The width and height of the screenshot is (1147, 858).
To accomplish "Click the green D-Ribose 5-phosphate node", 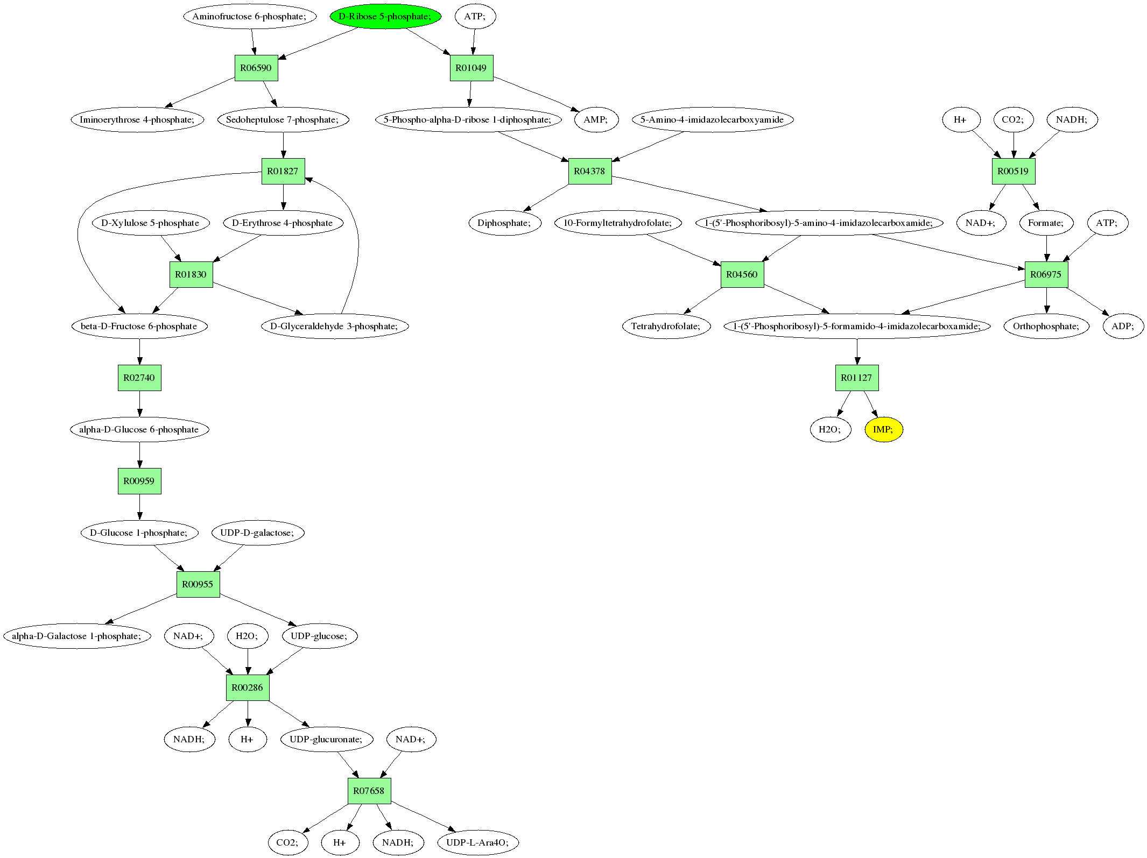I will click(x=385, y=16).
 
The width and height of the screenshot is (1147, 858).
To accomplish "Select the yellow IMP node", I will click(x=883, y=429).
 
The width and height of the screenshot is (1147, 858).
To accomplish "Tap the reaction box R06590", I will click(x=256, y=68).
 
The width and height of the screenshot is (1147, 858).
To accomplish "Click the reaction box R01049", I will click(x=471, y=68).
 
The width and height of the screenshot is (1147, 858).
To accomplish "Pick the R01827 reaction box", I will click(x=283, y=171).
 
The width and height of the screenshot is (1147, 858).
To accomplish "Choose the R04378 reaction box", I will click(x=589, y=171).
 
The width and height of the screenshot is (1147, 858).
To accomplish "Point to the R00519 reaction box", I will click(x=1013, y=171).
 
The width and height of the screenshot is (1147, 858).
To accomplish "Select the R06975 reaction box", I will click(x=1046, y=274).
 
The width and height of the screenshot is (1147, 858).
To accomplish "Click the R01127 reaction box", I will click(x=856, y=378).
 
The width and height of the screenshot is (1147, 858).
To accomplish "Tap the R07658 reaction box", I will click(x=369, y=791).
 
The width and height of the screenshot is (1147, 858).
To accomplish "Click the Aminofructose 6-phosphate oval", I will click(x=249, y=16).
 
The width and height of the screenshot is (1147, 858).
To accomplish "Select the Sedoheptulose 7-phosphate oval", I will click(x=283, y=119).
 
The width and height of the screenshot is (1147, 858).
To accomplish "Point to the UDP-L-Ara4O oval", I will click(x=477, y=842).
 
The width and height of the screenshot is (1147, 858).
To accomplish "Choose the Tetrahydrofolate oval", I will click(x=666, y=326).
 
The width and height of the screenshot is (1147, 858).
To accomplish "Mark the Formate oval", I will click(x=1046, y=223).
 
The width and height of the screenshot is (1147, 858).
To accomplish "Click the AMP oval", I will click(x=595, y=119).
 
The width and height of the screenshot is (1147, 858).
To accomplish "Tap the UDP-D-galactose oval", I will click(x=257, y=533).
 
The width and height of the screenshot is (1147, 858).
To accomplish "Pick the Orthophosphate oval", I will click(x=1046, y=326).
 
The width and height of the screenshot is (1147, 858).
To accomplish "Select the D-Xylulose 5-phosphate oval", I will click(x=150, y=223).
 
